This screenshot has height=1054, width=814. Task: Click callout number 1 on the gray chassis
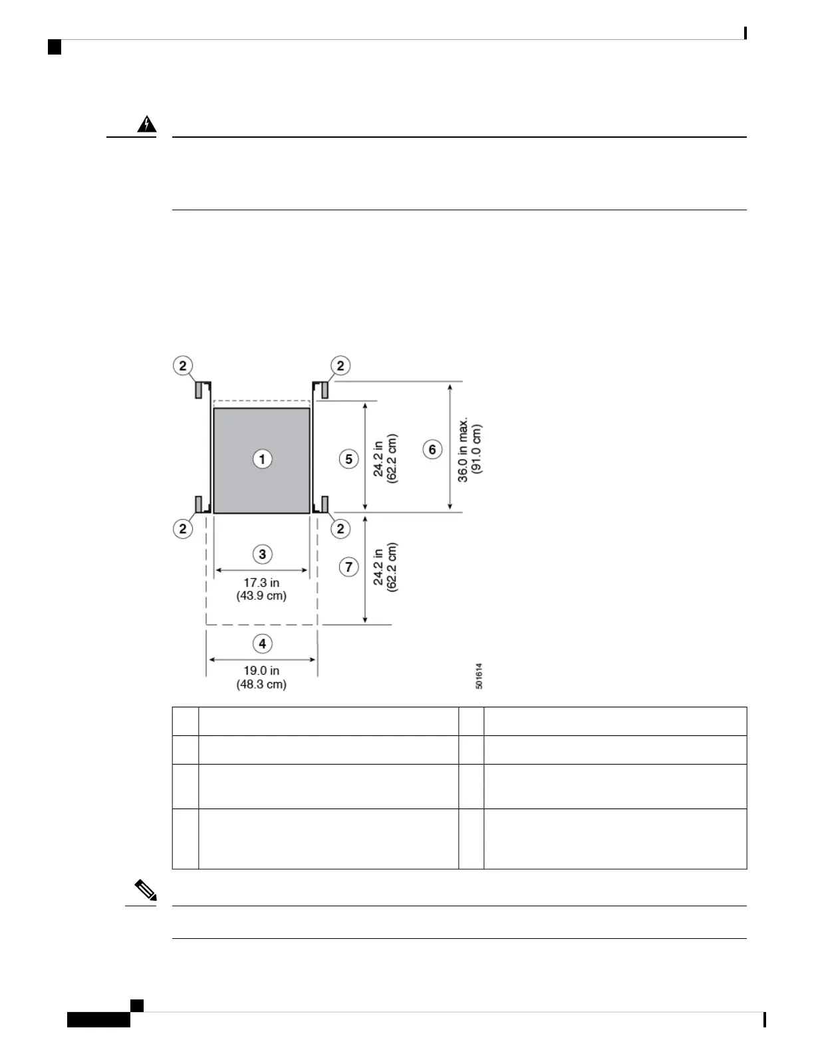click(262, 459)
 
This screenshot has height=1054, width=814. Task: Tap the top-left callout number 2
click(183, 365)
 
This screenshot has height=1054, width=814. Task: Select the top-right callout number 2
click(340, 365)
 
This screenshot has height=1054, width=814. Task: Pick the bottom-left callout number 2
click(183, 529)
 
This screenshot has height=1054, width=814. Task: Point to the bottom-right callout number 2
click(340, 529)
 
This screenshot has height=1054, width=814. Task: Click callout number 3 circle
click(262, 554)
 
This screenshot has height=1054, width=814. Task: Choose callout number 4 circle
click(262, 643)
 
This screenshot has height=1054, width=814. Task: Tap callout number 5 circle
click(349, 459)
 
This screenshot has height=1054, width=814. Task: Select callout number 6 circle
click(432, 450)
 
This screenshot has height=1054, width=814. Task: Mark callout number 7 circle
click(349, 567)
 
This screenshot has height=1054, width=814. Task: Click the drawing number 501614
click(479, 675)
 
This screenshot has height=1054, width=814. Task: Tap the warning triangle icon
click(147, 124)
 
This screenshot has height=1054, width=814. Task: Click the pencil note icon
click(145, 890)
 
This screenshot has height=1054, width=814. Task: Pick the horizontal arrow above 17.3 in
click(261, 570)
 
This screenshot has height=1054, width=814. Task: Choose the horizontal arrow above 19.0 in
click(262, 659)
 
